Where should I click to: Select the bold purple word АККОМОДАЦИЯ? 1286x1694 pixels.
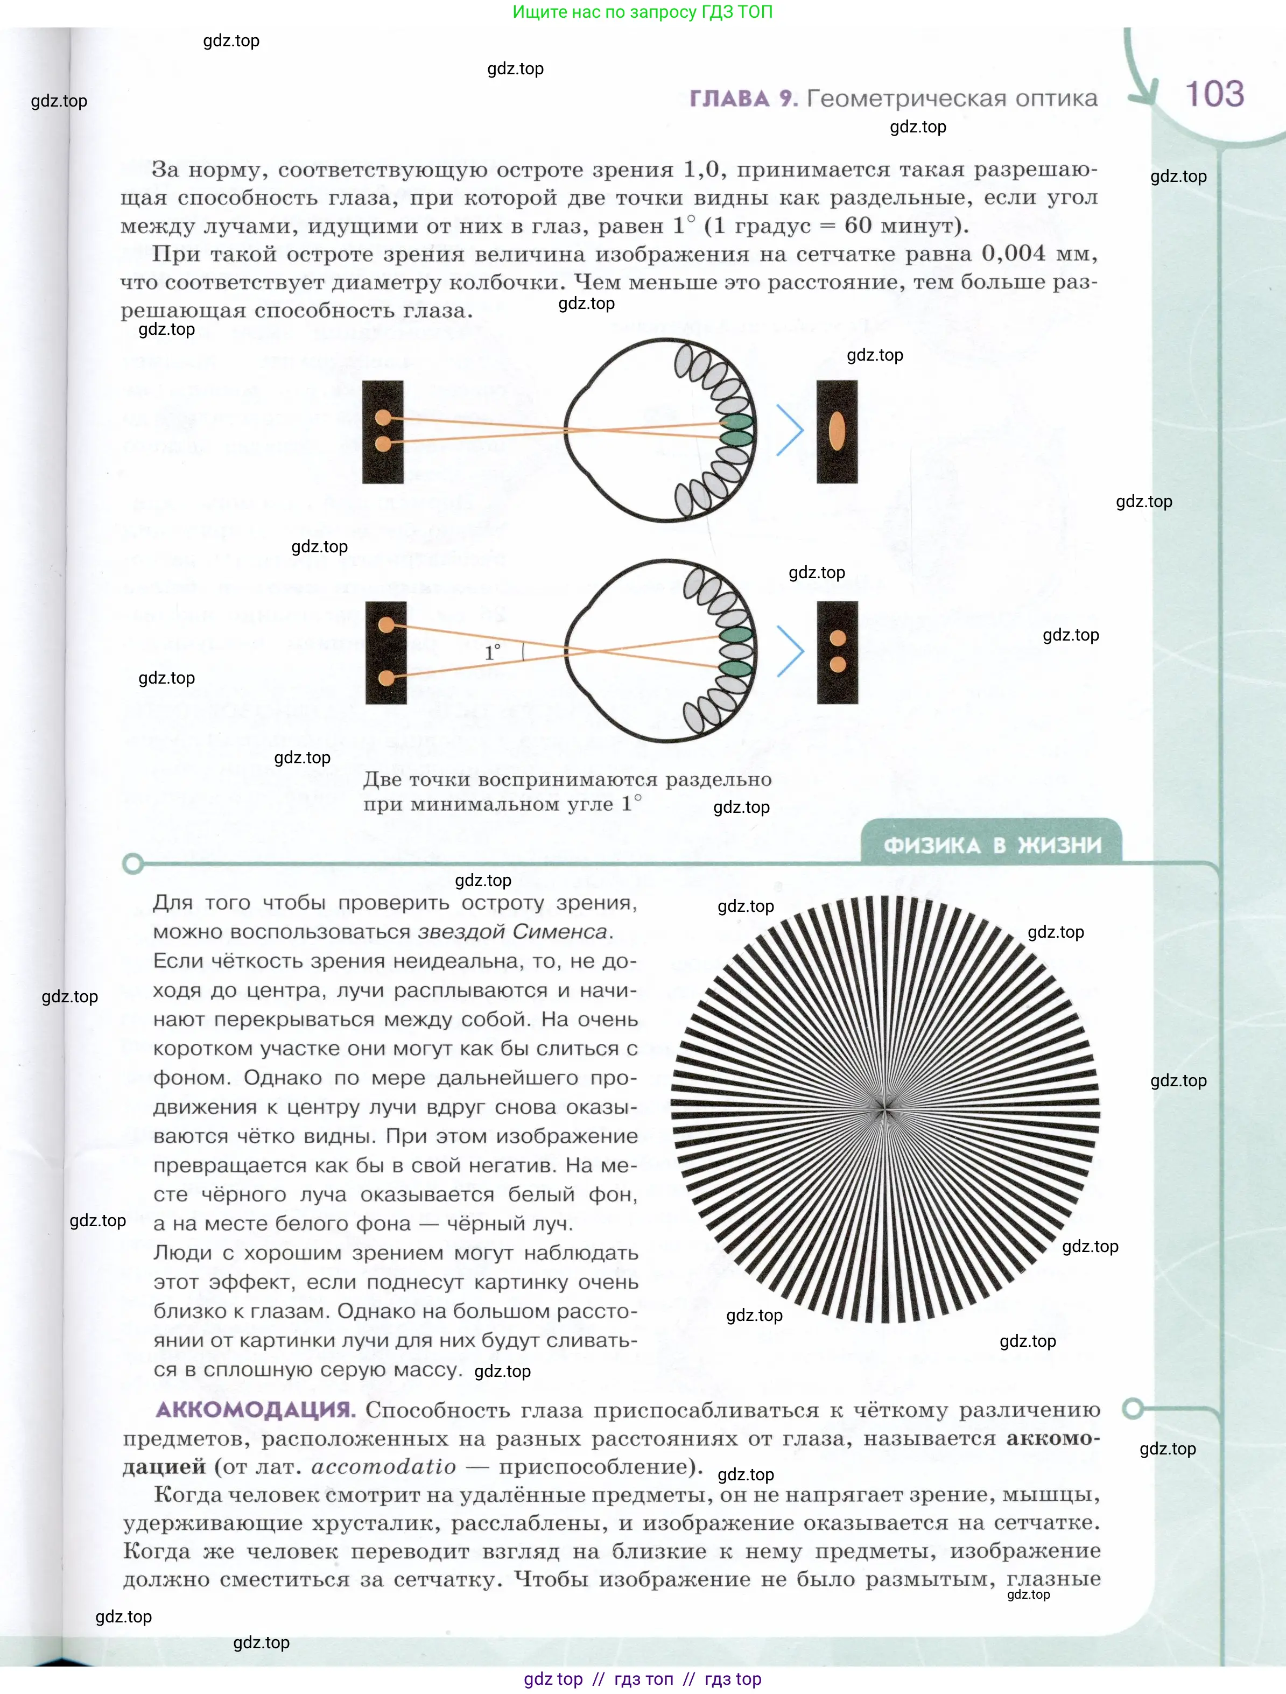click(255, 1409)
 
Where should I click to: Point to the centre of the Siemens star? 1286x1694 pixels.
click(886, 1108)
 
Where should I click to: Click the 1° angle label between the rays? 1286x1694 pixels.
click(493, 652)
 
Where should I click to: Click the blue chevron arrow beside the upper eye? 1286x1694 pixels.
click(790, 431)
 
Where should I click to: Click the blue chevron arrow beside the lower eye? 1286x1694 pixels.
click(790, 651)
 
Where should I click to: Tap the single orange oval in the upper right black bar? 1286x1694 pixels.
click(837, 432)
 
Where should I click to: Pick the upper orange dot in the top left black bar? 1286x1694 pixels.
click(383, 417)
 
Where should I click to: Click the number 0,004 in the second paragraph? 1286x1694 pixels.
click(1013, 254)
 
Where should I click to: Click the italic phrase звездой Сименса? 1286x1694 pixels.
click(512, 931)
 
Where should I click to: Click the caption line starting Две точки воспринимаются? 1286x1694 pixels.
click(567, 779)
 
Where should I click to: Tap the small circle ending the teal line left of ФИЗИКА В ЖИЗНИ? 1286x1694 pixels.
click(132, 864)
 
